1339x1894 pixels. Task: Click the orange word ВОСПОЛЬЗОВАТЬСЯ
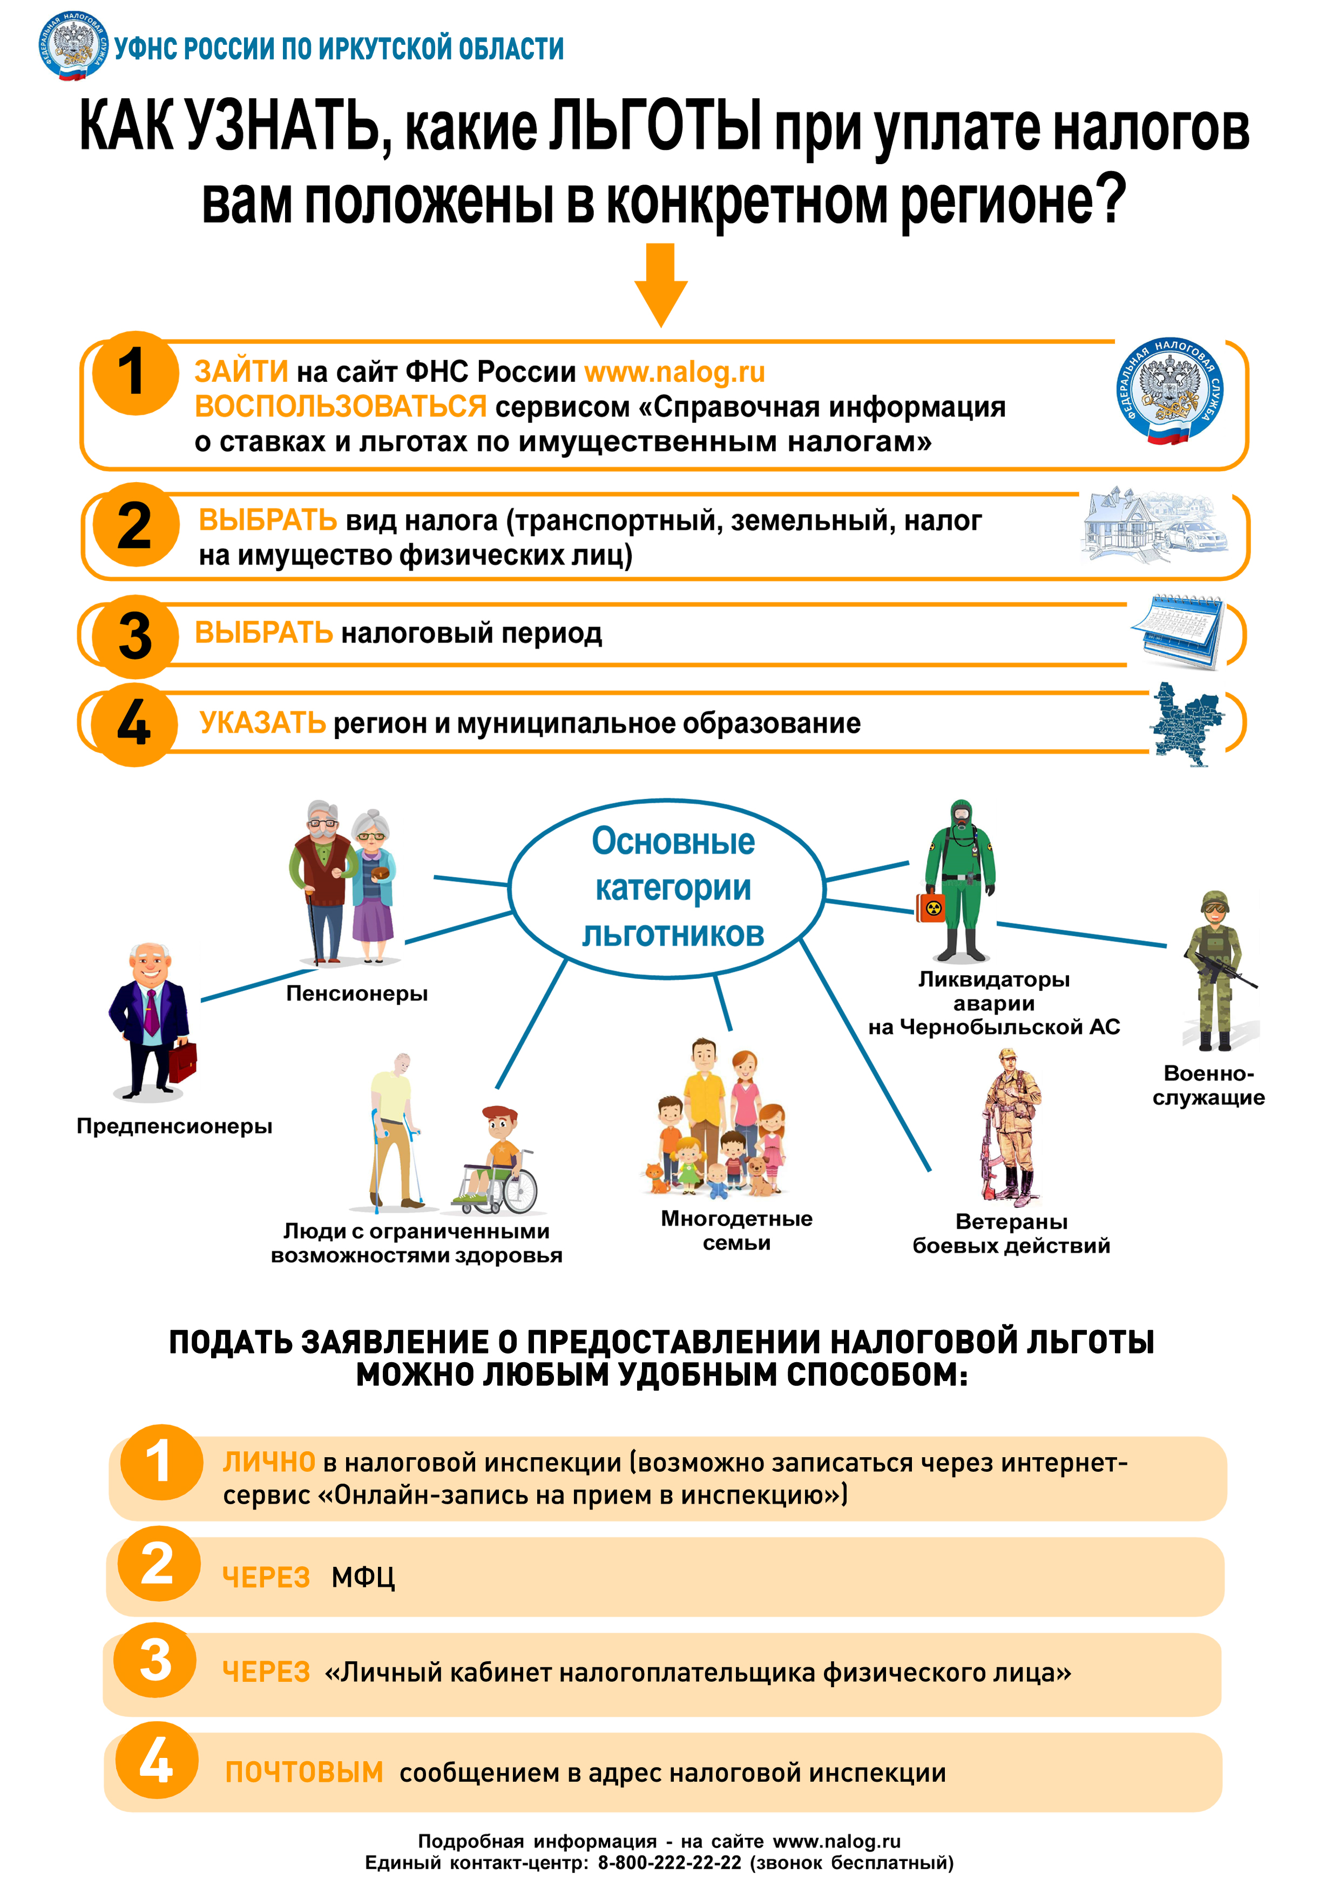(340, 407)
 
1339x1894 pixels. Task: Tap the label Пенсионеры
(356, 993)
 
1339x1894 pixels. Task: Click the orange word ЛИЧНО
(268, 1463)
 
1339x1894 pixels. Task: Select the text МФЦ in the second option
(363, 1577)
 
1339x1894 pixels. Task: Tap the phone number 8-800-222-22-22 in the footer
(669, 1863)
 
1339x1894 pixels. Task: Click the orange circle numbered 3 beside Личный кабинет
(155, 1660)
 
